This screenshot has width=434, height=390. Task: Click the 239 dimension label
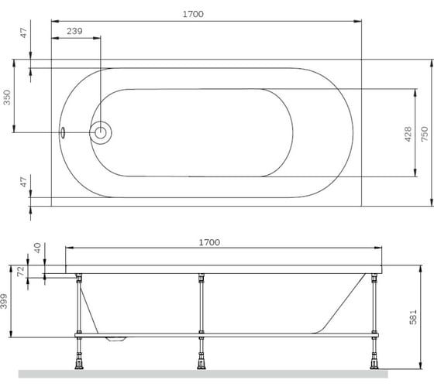[74, 30]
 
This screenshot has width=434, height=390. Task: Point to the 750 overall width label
[424, 132]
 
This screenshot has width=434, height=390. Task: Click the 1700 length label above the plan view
[204, 14]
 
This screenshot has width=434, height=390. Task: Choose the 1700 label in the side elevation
[208, 241]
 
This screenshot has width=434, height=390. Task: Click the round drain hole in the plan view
[101, 133]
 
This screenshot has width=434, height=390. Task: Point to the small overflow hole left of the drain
[64, 133]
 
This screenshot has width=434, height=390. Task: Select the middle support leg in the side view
[201, 306]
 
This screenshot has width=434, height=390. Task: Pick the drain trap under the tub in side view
[119, 338]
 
